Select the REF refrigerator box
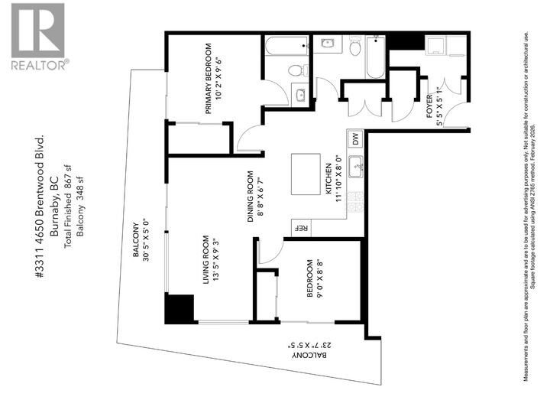click(x=301, y=228)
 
